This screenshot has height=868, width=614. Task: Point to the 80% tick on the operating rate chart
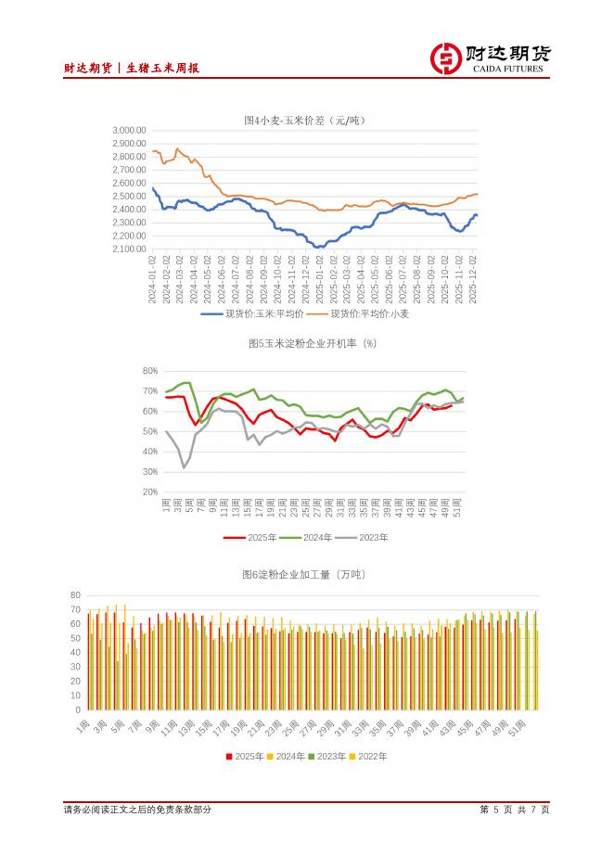[150, 371]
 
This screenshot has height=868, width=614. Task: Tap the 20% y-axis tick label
[150, 491]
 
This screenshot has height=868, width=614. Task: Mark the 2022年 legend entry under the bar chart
[369, 756]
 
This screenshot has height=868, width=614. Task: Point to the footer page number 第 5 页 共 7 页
[515, 810]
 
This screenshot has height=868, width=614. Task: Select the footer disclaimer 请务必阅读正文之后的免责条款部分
[137, 810]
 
